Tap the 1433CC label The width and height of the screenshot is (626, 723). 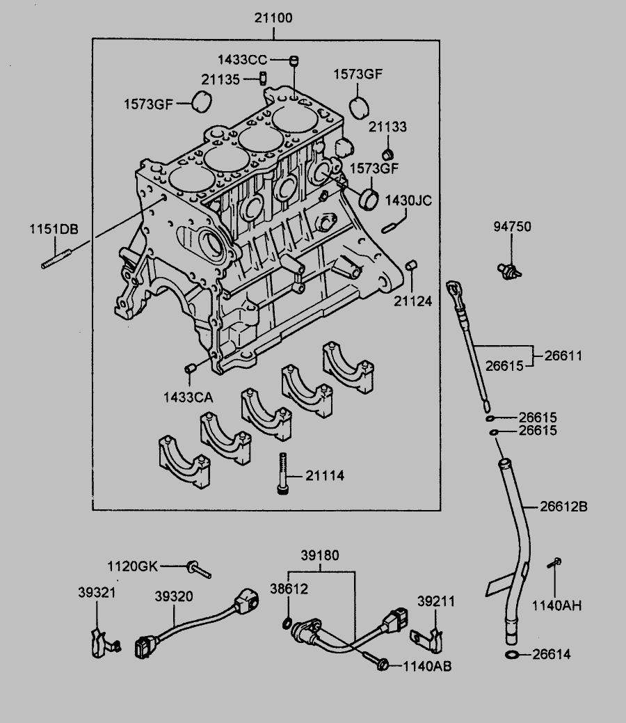(242, 60)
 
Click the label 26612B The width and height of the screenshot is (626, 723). (564, 507)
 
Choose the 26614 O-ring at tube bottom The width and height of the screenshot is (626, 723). (511, 655)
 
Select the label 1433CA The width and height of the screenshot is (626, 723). (188, 397)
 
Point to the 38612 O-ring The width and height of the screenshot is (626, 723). (287, 621)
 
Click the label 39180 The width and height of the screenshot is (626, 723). (320, 556)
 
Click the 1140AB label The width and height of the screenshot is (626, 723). (427, 666)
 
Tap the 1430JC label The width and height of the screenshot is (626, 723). (409, 201)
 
